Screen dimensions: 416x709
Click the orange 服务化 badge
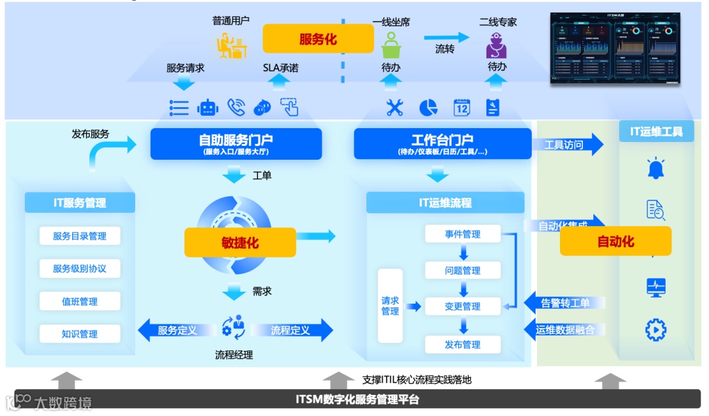tap(318, 39)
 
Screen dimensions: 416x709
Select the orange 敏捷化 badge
tap(240, 243)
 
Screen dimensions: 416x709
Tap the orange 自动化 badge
tap(615, 241)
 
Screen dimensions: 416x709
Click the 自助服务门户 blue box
tap(236, 143)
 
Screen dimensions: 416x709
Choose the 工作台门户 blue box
tap(442, 143)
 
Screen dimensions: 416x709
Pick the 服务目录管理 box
tap(79, 236)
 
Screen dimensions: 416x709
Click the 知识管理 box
tap(79, 334)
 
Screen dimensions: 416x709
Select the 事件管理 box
tap(463, 234)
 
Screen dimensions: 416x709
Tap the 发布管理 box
tap(463, 344)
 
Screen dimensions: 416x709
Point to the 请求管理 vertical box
tap(390, 306)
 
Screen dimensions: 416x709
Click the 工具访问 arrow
tap(567, 145)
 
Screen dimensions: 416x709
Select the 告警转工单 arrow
tap(564, 303)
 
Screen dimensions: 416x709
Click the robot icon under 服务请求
tap(207, 108)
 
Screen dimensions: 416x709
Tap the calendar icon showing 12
tap(462, 108)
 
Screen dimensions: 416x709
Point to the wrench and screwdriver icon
tap(395, 108)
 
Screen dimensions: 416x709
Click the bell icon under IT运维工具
tap(655, 168)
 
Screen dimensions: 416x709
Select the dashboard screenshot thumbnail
tap(615, 49)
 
